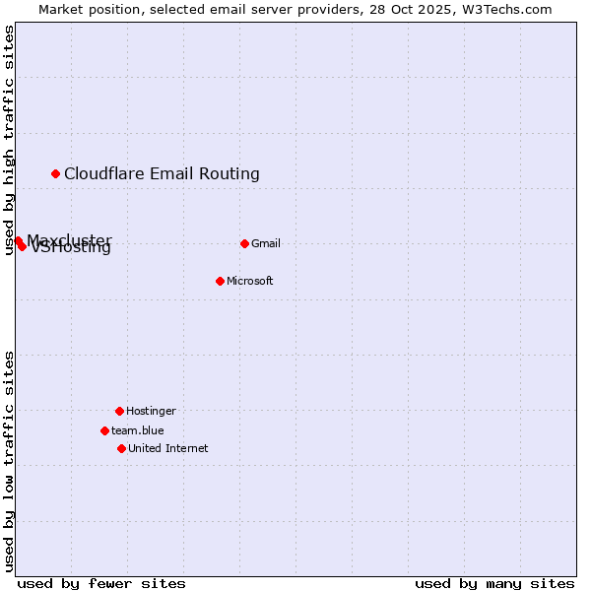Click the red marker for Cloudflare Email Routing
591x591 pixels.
click(x=56, y=174)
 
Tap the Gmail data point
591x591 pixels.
click(x=244, y=243)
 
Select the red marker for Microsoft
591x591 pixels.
click(x=220, y=281)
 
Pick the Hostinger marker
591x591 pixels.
click(x=119, y=411)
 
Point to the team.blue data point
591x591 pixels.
click(x=104, y=430)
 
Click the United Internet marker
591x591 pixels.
click(x=121, y=448)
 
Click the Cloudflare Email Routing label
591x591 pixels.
click(x=162, y=174)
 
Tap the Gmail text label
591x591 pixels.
click(x=266, y=243)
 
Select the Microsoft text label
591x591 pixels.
click(x=250, y=281)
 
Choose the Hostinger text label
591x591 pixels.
click(x=151, y=411)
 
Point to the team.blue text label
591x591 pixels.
click(x=138, y=430)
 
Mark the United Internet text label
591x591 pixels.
click(x=168, y=448)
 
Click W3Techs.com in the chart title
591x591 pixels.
click(x=503, y=9)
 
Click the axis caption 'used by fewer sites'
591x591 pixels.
click(x=101, y=583)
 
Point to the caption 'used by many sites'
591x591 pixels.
click(x=494, y=583)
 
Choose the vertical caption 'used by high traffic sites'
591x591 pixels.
click(x=9, y=140)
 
